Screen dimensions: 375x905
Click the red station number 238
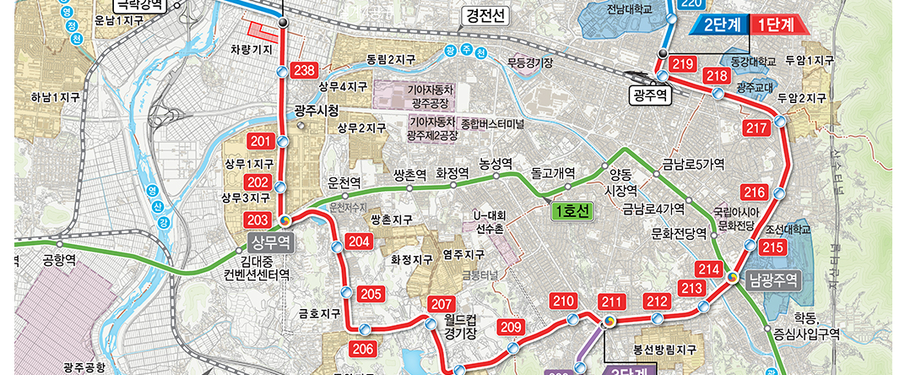click(x=303, y=70)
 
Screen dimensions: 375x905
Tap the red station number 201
click(x=259, y=141)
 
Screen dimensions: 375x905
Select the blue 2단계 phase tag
click(x=722, y=25)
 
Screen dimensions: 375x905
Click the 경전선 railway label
click(x=484, y=15)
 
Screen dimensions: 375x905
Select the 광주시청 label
click(x=317, y=111)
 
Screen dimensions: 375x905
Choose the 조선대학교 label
click(x=788, y=229)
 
